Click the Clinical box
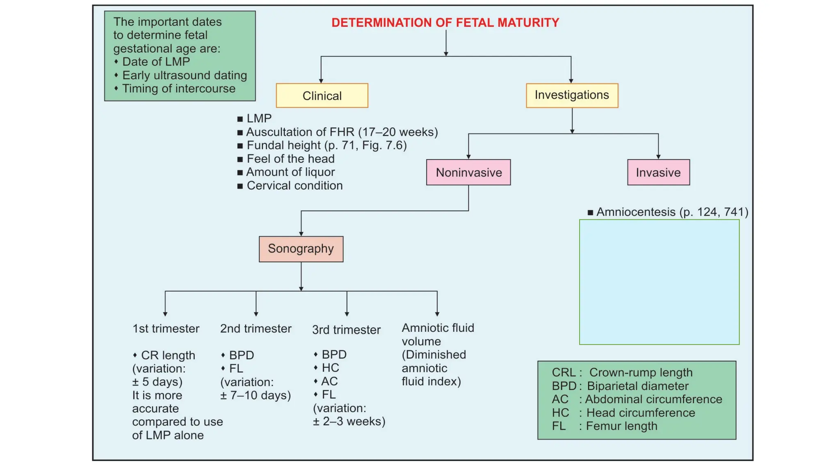tap(322, 96)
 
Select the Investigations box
tap(572, 95)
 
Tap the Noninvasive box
tap(468, 172)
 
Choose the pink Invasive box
tap(658, 172)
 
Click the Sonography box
tap(301, 249)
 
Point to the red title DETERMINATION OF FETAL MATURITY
tap(445, 23)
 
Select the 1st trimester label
tap(166, 328)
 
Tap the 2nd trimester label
tap(256, 328)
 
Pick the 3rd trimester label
tap(346, 330)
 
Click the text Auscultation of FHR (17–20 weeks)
tap(342, 132)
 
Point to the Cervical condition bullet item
tap(294, 186)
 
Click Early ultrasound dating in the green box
tap(184, 75)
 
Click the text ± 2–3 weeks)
tap(349, 422)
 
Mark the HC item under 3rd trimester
tap(330, 367)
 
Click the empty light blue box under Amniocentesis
tap(659, 282)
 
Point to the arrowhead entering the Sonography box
tap(301, 234)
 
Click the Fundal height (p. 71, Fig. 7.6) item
tap(326, 145)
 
